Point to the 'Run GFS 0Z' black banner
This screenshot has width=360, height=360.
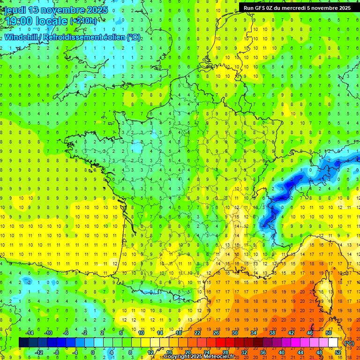(297, 7)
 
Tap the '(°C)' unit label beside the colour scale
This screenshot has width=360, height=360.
(349, 343)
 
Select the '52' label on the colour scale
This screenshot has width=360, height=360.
(337, 352)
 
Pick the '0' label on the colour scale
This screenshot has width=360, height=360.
(93, 352)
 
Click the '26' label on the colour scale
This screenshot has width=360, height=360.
(216, 333)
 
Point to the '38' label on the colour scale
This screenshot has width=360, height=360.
(272, 333)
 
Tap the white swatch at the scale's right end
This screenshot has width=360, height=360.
(333, 343)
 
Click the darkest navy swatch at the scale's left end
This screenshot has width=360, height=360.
(23, 343)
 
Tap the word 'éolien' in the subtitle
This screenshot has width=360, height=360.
(111, 37)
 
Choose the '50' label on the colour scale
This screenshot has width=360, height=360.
(328, 333)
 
